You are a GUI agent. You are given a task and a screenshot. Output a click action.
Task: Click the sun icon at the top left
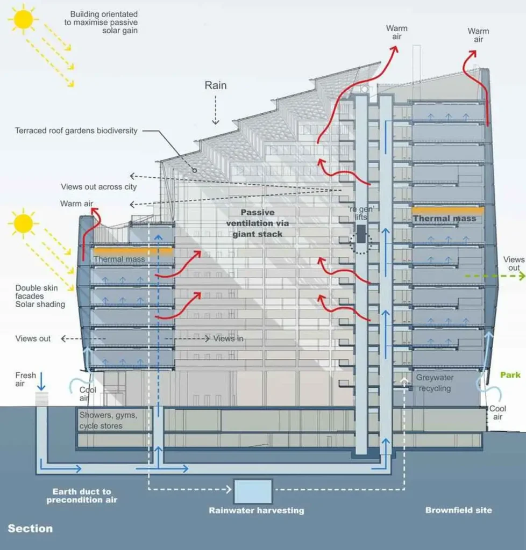[x=24, y=19]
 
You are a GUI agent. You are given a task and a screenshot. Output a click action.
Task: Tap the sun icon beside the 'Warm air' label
[x=23, y=223]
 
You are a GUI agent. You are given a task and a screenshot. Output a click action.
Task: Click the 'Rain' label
[x=215, y=85]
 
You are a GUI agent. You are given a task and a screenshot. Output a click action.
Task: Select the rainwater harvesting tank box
[x=253, y=491]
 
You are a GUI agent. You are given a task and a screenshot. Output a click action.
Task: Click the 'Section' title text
[x=30, y=529]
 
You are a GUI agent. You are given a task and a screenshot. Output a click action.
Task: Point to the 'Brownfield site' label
[x=458, y=510]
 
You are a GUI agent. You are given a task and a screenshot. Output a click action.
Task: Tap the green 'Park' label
[x=510, y=375]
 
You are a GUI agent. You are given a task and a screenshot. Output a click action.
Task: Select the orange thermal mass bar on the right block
[x=447, y=210]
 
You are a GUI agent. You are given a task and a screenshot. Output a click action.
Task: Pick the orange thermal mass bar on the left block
[x=132, y=250]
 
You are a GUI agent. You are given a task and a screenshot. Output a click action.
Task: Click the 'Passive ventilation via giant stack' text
[x=258, y=223]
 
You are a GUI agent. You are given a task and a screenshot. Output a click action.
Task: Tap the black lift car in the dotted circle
[x=360, y=233]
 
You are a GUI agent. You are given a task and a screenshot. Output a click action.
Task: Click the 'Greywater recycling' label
[x=435, y=383]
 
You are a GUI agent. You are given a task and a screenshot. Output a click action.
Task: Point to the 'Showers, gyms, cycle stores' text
[x=109, y=421]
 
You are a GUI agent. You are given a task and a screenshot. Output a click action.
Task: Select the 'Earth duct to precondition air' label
[x=82, y=495]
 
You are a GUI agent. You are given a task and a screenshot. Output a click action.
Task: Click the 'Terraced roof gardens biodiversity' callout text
[x=76, y=131]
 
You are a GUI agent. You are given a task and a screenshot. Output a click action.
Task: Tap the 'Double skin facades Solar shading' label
[x=40, y=296]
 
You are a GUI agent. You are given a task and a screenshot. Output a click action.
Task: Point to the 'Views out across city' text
[x=98, y=187]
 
